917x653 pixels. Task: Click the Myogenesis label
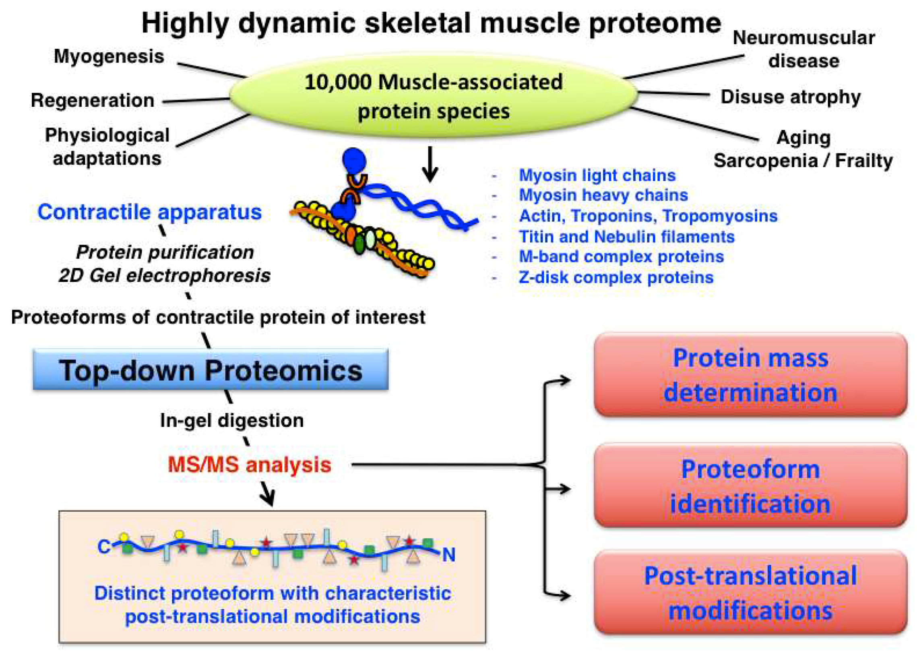coord(109,56)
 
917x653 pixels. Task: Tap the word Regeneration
coord(93,100)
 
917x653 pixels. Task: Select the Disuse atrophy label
coord(790,97)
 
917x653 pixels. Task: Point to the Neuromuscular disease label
coord(803,49)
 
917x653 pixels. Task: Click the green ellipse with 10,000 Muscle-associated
coord(434,97)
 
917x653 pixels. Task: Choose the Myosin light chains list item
coord(597,176)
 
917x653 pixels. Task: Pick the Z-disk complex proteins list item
coord(616,278)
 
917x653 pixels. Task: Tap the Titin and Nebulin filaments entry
coord(626,237)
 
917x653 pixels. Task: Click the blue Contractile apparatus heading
coord(149,212)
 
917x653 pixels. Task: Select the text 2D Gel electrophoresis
coord(164,276)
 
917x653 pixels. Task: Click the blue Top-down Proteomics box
coord(211,370)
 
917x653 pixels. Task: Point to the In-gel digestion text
coord(232,421)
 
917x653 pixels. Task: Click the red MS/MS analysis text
coord(250,465)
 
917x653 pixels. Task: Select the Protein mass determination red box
coord(750,375)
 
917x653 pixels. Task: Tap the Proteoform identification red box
coord(750,486)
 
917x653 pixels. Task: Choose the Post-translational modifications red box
coord(750,593)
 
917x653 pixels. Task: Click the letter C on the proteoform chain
coord(104,547)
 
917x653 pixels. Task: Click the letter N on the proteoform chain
coord(449,555)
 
